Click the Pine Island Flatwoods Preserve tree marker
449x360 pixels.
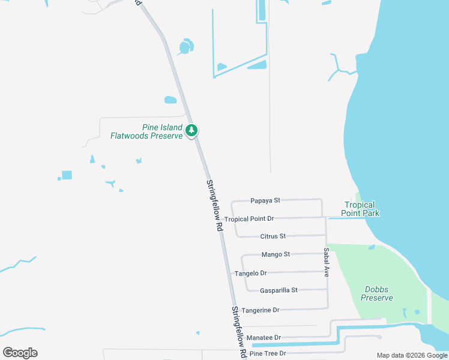(191, 130)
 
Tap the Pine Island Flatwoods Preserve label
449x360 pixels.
(146, 131)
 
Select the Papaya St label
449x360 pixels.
(265, 200)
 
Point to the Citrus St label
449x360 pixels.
(273, 236)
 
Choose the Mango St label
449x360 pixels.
(276, 254)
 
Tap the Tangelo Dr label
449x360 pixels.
(250, 273)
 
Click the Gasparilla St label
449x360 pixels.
(279, 290)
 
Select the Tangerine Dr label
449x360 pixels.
(260, 310)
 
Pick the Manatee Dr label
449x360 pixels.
(265, 338)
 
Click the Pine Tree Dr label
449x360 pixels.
(268, 353)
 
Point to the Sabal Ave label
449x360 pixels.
(327, 262)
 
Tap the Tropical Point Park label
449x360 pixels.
(360, 209)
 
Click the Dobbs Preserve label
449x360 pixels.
(378, 293)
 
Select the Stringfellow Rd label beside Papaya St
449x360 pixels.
(214, 206)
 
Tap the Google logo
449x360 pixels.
(20, 353)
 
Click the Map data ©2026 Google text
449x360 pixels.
(412, 355)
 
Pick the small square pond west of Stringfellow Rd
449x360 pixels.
(67, 175)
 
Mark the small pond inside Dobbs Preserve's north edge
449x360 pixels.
(372, 247)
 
